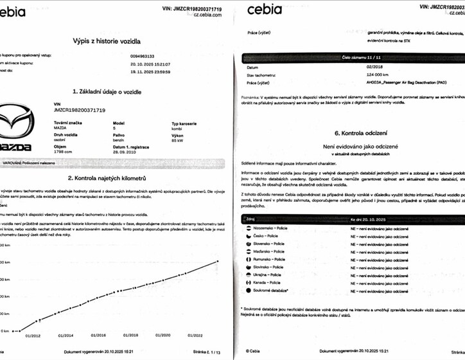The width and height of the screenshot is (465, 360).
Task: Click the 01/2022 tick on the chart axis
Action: pos(197,335)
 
